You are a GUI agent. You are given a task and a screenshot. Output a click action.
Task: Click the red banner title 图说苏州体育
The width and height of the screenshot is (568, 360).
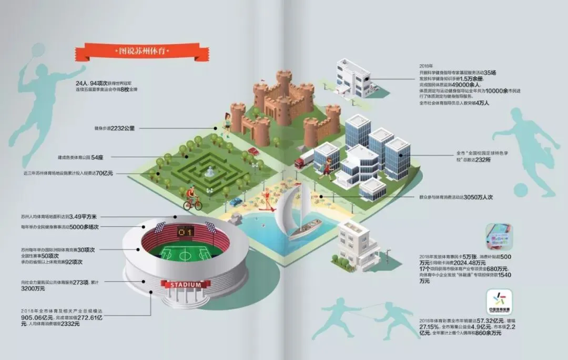pyautogui.click(x=138, y=51)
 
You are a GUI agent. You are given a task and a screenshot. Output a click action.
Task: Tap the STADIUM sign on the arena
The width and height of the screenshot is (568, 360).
pyautogui.click(x=185, y=285)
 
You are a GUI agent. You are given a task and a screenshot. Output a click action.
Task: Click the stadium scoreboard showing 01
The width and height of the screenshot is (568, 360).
pyautogui.click(x=185, y=231)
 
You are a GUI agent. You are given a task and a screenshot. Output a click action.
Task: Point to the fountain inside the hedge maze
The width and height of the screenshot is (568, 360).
pyautogui.click(x=209, y=171)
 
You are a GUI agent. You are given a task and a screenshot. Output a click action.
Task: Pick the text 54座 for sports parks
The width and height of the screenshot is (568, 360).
pyautogui.click(x=97, y=157)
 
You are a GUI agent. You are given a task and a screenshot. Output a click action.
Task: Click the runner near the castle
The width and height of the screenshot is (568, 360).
pyautogui.click(x=227, y=122)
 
